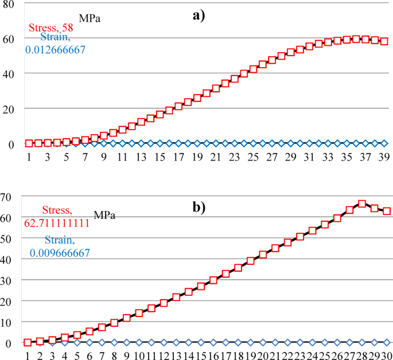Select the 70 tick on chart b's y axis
click(x=8, y=197)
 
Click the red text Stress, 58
click(x=50, y=28)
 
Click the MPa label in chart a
click(x=90, y=17)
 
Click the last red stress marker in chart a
click(x=384, y=41)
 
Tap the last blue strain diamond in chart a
click(x=384, y=143)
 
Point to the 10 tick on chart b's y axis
click(x=8, y=322)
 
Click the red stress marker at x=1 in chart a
click(x=29, y=143)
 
